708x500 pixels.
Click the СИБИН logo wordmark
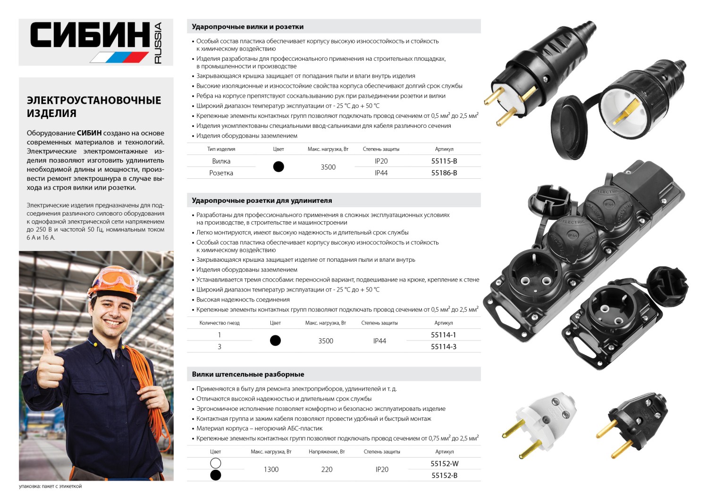pos(90,35)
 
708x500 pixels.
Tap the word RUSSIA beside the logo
pos(158,43)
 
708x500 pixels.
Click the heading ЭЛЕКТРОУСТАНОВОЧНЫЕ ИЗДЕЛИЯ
pos(94,107)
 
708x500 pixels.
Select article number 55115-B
pos(444,161)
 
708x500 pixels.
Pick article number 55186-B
pos(444,173)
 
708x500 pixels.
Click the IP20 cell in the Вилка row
pos(381,161)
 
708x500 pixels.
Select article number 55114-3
pos(443,347)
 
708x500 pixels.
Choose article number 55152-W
pos(444,464)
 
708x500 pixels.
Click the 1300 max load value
pos(271,469)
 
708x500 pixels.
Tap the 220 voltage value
pos(327,469)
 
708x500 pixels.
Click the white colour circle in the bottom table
pos(216,463)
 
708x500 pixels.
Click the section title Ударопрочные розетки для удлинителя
pos(261,200)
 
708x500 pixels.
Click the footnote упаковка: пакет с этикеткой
pos(50,486)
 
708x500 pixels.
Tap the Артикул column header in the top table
pos(444,149)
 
